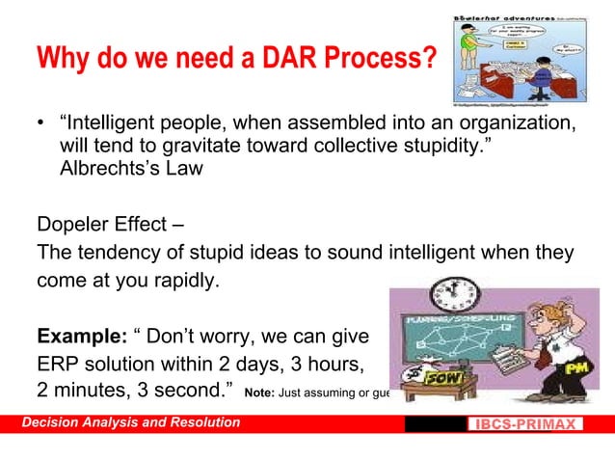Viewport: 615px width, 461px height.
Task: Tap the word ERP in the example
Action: click(58, 366)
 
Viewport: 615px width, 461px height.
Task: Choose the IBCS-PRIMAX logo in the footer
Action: click(525, 424)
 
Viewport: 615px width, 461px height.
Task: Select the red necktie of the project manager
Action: click(544, 353)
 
